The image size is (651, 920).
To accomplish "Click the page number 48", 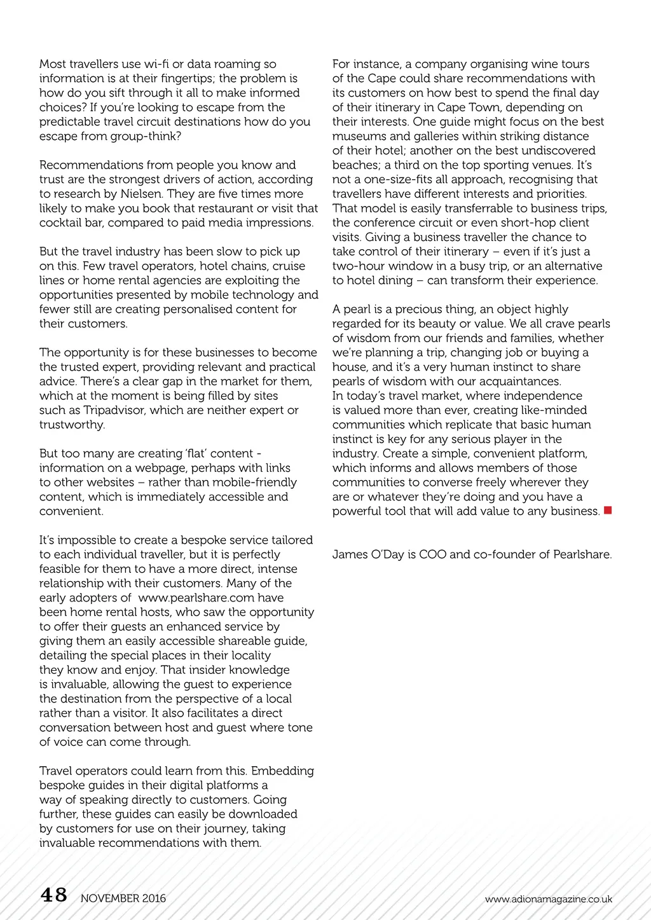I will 54,895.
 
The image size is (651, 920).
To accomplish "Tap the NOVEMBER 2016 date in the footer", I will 123,898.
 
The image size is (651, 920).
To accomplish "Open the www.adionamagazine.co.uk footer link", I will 548,899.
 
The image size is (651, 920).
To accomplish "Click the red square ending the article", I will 608,511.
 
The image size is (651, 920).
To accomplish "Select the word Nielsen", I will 140,194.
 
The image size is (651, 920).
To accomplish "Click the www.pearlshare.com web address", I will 211,598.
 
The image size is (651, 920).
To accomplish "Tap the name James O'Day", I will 368,554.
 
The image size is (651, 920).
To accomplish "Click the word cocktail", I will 61,223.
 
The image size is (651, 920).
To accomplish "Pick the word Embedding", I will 284,771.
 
